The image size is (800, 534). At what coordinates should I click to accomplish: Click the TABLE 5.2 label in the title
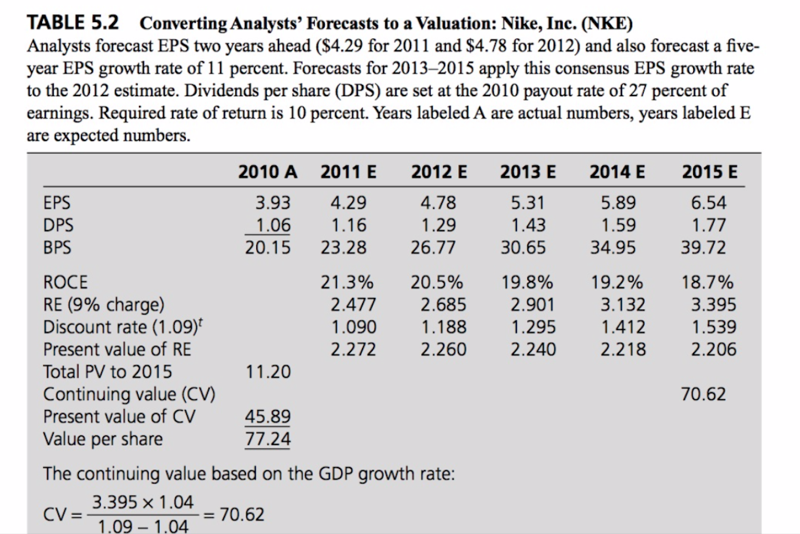click(73, 23)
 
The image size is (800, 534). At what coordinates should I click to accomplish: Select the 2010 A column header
click(267, 172)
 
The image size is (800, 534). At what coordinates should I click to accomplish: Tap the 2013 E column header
click(527, 172)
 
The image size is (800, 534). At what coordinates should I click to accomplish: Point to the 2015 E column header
click(709, 172)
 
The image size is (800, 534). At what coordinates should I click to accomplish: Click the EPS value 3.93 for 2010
click(273, 202)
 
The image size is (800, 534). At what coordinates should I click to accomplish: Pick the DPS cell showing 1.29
click(438, 225)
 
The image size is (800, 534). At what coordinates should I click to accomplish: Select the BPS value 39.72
click(703, 247)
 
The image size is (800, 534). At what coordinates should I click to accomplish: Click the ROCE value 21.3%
click(347, 282)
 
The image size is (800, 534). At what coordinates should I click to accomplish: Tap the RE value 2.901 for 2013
click(533, 304)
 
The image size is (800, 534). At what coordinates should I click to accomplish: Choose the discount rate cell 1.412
click(623, 327)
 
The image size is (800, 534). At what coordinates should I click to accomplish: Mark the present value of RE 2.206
click(713, 349)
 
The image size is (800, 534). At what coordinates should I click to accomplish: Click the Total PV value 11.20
click(268, 372)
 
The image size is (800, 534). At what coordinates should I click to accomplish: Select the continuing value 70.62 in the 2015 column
click(703, 394)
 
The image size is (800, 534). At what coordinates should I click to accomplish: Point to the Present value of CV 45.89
click(267, 416)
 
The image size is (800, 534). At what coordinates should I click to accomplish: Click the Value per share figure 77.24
click(267, 438)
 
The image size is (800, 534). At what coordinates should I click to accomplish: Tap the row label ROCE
click(65, 282)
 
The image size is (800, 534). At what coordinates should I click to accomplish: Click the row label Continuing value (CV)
click(129, 394)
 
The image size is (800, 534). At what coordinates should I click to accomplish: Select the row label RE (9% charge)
click(104, 304)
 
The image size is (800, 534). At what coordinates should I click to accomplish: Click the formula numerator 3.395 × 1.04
click(143, 502)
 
